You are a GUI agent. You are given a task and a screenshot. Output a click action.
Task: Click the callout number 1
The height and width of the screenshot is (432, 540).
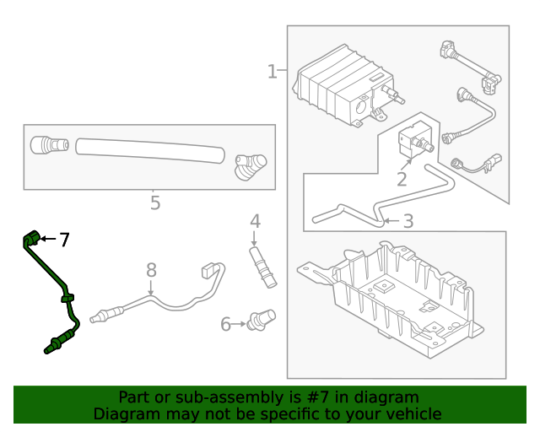pos(272,72)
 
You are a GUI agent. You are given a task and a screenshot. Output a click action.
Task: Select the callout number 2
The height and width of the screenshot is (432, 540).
pos(402,179)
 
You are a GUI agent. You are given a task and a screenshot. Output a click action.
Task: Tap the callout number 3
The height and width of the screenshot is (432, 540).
pos(408,222)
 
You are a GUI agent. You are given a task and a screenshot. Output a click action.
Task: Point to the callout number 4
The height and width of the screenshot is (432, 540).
pos(255,221)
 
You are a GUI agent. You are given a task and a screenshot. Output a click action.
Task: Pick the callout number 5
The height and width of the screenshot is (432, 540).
pos(154,202)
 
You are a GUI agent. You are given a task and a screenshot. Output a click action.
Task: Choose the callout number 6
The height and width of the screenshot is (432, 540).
pos(226,324)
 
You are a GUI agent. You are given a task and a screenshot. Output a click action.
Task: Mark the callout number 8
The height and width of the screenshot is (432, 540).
pos(151,270)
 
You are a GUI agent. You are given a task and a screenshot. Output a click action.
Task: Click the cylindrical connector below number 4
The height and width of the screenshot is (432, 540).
pos(262,267)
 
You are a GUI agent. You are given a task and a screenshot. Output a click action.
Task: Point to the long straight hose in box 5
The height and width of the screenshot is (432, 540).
pos(150,150)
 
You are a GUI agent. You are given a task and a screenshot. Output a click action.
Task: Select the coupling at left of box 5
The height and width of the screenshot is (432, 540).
pos(48,145)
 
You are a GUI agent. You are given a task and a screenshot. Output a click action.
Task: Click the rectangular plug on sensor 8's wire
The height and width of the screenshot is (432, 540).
pos(210,270)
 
